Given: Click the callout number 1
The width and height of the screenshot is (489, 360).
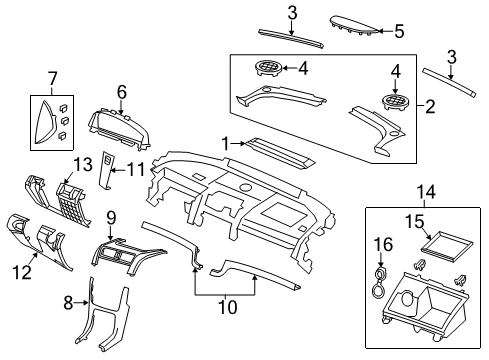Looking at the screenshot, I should [227, 143].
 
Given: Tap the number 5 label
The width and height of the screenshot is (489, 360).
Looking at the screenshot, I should [398, 32].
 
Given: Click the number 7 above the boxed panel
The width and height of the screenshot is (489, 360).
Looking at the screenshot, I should [52, 77].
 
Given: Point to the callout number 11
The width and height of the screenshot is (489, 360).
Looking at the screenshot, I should [139, 170].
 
